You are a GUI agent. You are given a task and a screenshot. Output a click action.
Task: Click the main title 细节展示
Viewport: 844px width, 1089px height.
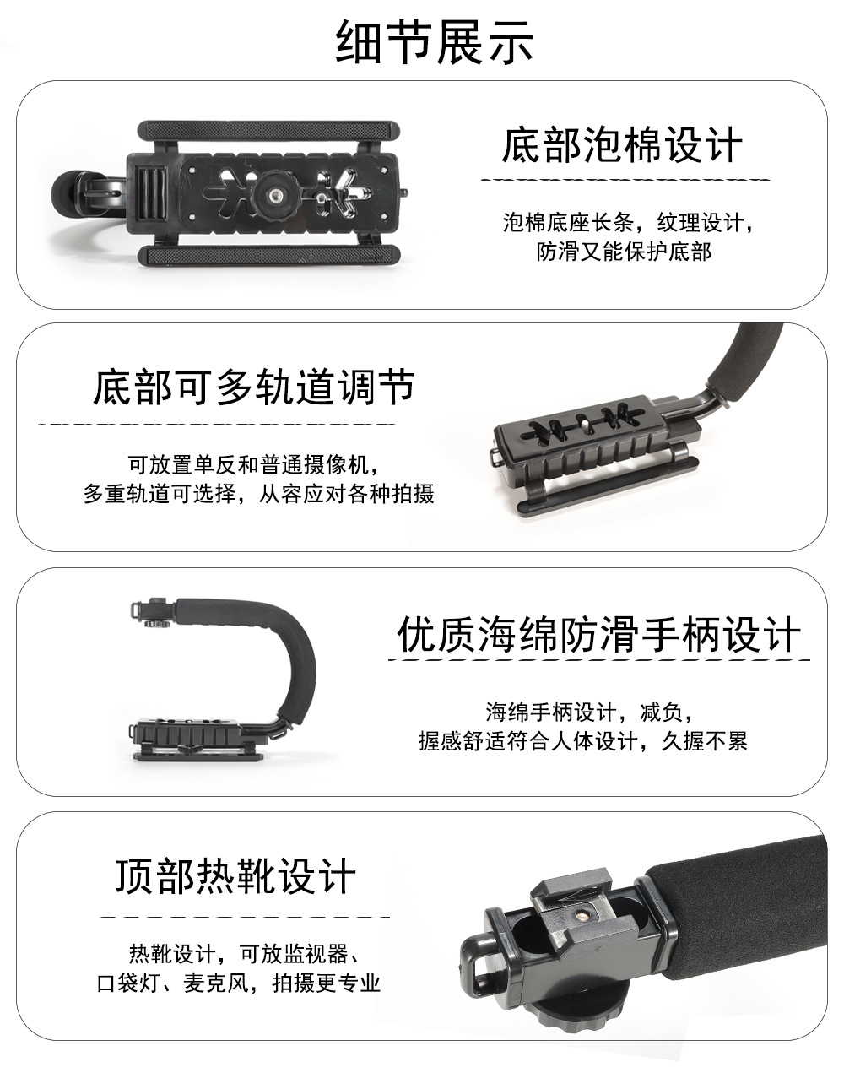click(435, 42)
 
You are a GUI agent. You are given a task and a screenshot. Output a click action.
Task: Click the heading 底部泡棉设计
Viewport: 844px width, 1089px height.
click(622, 145)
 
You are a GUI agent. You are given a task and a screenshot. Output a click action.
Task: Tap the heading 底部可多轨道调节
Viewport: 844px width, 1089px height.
click(253, 387)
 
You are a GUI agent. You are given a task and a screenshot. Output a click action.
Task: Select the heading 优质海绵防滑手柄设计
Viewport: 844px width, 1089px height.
click(598, 634)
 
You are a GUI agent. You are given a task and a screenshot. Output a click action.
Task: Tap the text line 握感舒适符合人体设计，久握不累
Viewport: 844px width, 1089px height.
click(582, 741)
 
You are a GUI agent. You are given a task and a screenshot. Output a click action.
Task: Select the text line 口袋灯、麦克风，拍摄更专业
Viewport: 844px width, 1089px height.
click(239, 983)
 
